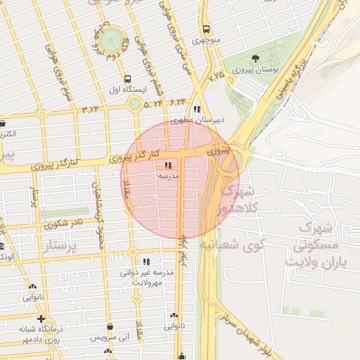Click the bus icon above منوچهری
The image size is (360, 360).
pyautogui.click(x=206, y=30)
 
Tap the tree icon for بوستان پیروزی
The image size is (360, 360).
pyautogui.click(x=255, y=59)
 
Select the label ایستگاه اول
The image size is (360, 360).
pyautogui.click(x=127, y=89)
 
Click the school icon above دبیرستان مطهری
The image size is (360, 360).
pyautogui.click(x=198, y=109)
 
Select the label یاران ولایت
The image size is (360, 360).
pyautogui.click(x=313, y=261)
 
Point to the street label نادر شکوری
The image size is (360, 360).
pyautogui.click(x=63, y=224)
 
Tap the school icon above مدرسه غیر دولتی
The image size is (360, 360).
pyautogui.click(x=146, y=261)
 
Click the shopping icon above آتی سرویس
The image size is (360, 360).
pyautogui.click(x=112, y=327)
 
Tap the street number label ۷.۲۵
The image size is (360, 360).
pyautogui.click(x=217, y=73)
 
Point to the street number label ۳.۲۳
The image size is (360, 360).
pyautogui.click(x=91, y=108)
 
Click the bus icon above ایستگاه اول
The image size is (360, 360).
pyautogui.click(x=127, y=79)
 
